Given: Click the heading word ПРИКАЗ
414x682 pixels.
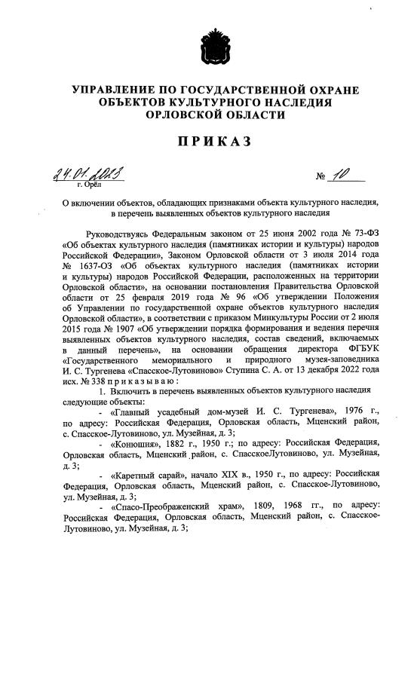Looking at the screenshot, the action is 207,140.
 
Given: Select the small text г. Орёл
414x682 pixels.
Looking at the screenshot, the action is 89,184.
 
